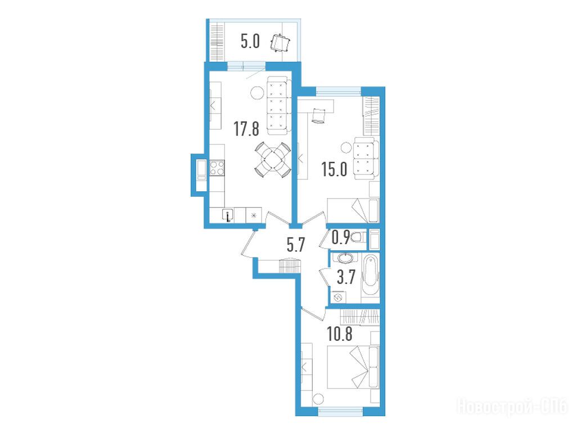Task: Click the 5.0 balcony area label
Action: coord(250,41)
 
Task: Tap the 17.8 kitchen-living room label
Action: coord(246,129)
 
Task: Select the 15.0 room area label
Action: coord(334,169)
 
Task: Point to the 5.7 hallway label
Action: coord(296,245)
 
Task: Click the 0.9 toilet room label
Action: coord(341,237)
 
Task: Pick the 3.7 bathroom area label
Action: coord(346,277)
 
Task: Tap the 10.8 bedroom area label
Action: coord(340,334)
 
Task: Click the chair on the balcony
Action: coord(280,43)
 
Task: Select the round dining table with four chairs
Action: coord(273,159)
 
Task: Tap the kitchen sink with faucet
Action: coord(228,215)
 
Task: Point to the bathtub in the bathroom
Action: coord(370,277)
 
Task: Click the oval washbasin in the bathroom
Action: coord(346,258)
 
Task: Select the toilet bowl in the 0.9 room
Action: coord(358,237)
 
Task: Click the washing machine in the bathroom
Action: coord(338,296)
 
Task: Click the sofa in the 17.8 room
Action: coord(277,106)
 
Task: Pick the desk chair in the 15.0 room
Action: coord(318,116)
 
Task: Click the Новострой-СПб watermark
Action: coord(512,407)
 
